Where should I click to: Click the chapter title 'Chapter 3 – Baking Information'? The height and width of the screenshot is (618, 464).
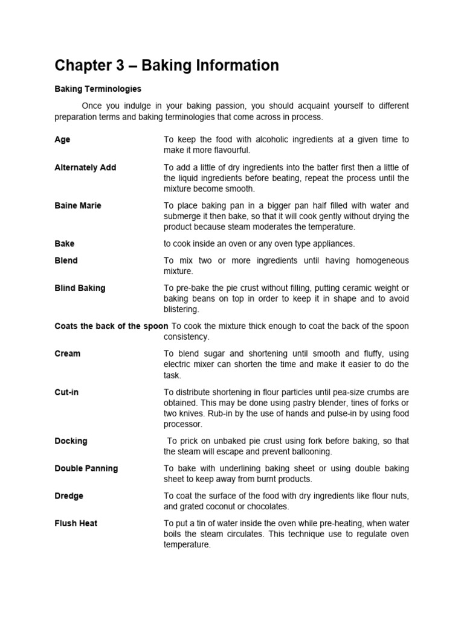click(x=167, y=65)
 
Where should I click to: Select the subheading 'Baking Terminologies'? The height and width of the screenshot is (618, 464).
click(x=98, y=89)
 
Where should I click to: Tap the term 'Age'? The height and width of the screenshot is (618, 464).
click(x=62, y=139)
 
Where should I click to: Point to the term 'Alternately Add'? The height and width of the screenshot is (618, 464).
click(x=85, y=167)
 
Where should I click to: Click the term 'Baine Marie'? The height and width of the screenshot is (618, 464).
click(x=78, y=205)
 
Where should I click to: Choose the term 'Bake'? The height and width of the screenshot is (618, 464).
click(x=65, y=244)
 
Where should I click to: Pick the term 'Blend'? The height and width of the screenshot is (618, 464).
click(x=66, y=261)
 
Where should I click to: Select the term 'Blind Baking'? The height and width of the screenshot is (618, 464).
click(x=80, y=288)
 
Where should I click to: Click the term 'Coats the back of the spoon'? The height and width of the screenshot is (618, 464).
click(x=111, y=326)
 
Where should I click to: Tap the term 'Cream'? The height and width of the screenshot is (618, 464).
click(x=67, y=354)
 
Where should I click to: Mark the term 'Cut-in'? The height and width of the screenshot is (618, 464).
click(x=66, y=392)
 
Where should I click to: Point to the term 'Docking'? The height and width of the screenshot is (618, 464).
click(x=71, y=441)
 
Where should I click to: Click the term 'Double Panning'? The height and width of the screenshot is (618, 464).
click(x=86, y=468)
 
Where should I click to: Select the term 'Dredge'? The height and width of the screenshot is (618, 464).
click(x=69, y=496)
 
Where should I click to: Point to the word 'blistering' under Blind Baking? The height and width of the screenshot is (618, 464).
click(x=181, y=310)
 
